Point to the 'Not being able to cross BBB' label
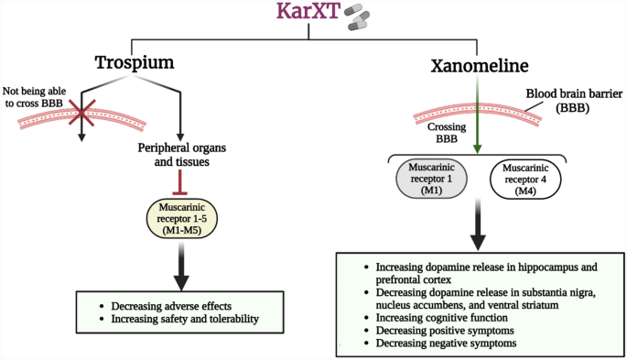(x=41, y=99)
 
